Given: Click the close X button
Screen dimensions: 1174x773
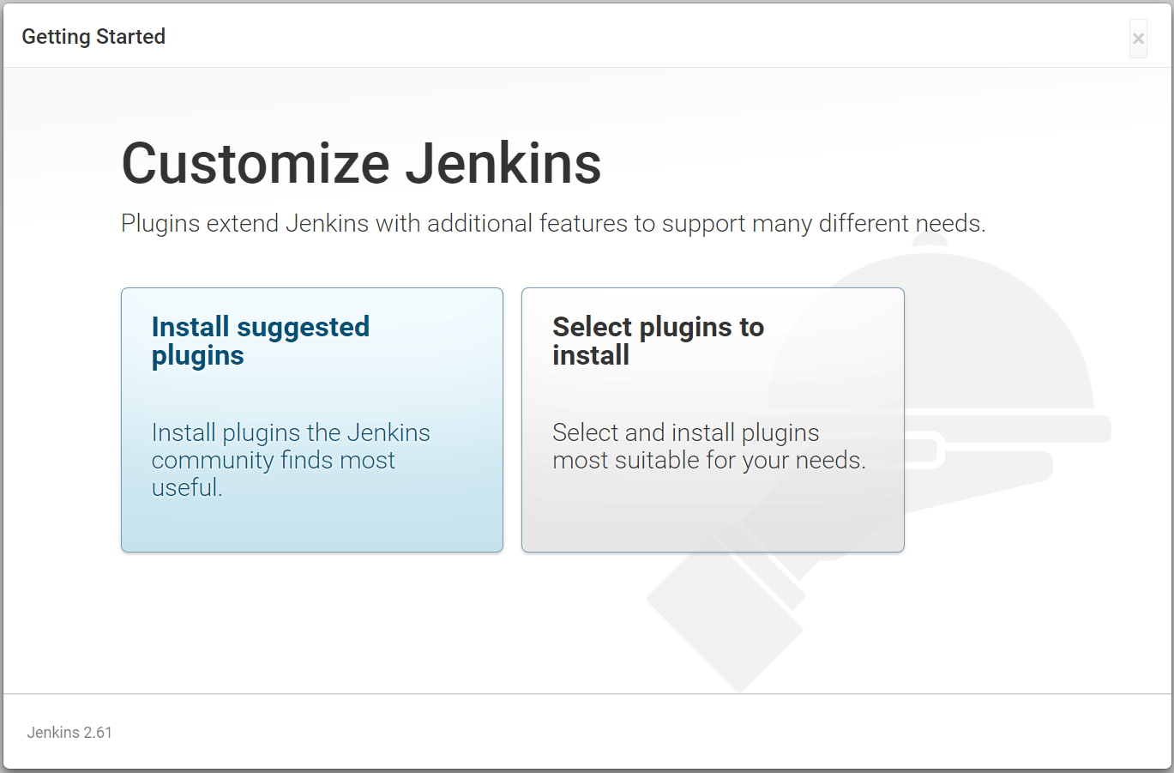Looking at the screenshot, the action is coord(1138,39).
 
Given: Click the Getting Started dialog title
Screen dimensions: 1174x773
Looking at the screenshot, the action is coord(93,37).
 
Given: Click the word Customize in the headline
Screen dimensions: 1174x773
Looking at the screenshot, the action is coord(256,164).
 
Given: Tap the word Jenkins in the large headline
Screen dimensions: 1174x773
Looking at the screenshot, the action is coord(503,164).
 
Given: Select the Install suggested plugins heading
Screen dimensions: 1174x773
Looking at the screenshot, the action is coord(261,341).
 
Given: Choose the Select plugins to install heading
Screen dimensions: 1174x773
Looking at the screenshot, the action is coord(659,341).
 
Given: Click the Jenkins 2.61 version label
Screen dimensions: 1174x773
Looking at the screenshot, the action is coord(69,732).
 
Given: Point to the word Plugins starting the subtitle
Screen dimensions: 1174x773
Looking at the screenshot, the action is coord(160,224).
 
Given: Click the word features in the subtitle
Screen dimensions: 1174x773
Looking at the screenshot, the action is coord(583,223).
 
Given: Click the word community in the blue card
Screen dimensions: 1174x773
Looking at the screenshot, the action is coord(213,461).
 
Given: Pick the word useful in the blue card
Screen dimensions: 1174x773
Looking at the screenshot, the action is coord(187,487).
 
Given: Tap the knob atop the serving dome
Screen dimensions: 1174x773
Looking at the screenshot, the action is coord(930,240).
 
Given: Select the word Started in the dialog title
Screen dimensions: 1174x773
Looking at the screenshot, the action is coord(130,37).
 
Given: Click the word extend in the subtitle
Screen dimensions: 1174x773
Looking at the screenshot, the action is coord(242,223).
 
